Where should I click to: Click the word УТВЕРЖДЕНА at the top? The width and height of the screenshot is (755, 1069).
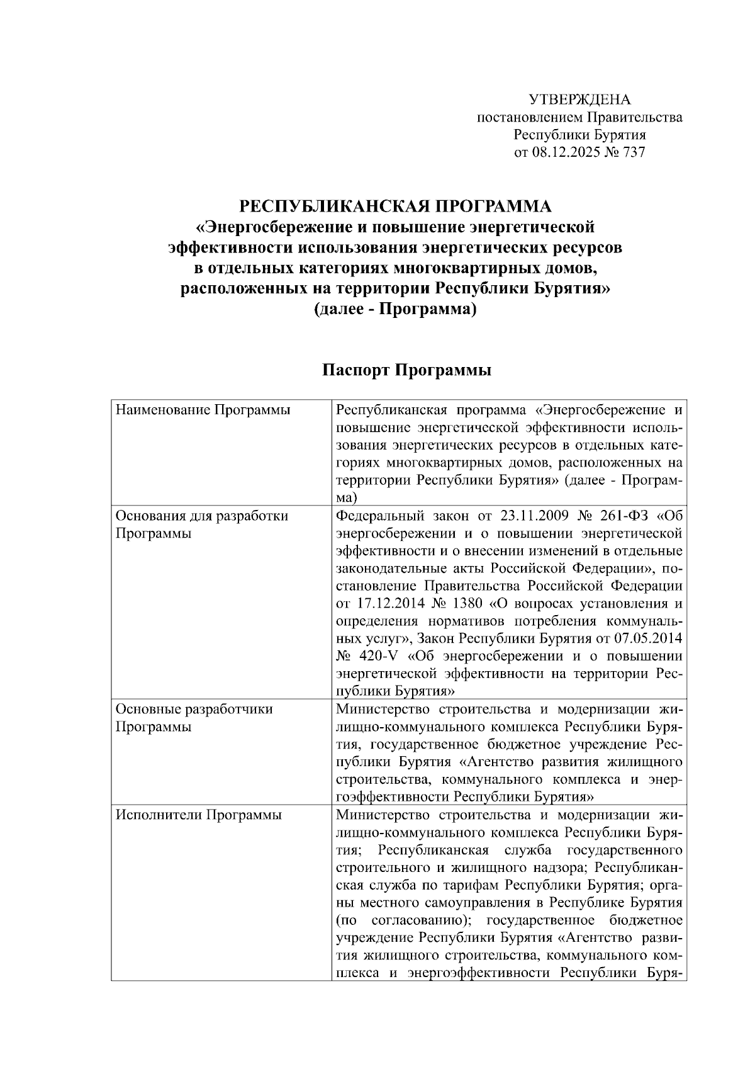(x=579, y=100)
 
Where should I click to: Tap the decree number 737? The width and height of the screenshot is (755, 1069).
(x=633, y=152)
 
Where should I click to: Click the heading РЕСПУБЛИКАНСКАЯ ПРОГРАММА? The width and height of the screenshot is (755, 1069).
(x=395, y=206)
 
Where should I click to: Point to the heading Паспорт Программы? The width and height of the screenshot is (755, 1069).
(x=406, y=370)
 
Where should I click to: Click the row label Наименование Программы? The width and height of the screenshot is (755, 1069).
(x=203, y=410)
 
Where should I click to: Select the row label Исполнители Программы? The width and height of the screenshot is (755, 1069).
(x=199, y=815)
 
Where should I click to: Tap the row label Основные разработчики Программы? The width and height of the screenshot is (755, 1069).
(x=194, y=718)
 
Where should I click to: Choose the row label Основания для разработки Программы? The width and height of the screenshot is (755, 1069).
(x=201, y=524)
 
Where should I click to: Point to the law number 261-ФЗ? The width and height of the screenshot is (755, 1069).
(x=623, y=516)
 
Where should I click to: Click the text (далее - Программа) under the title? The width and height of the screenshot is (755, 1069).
(x=395, y=310)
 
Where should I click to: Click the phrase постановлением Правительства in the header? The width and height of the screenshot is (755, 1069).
(x=579, y=118)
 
